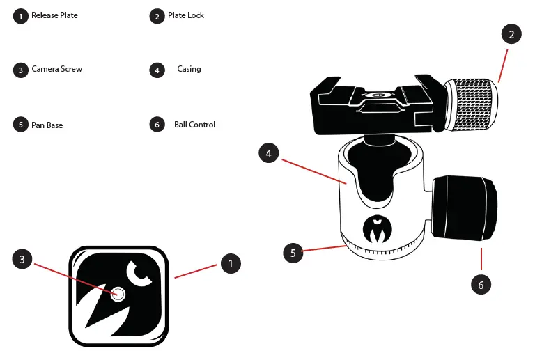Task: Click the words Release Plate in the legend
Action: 54,15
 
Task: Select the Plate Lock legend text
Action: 186,15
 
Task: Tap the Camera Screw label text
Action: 57,69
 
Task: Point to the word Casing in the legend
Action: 189,69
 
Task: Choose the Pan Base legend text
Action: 47,125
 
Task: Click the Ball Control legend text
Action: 194,125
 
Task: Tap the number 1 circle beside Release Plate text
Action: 20,16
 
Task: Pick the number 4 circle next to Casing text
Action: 157,70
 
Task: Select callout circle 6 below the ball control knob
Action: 481,284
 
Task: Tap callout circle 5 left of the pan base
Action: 293,253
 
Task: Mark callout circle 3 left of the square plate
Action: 22,259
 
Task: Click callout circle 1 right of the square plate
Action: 231,263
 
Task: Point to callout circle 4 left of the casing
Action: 268,153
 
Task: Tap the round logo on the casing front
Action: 376,228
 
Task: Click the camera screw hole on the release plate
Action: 118,295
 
